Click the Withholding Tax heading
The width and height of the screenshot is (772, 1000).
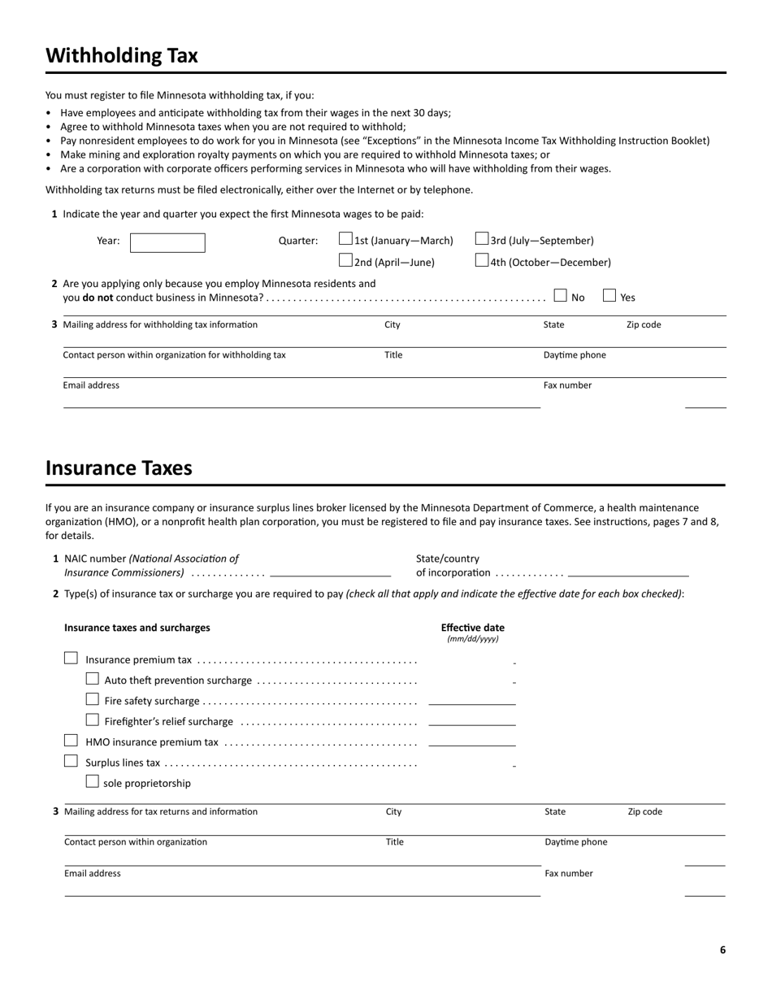coord(122,55)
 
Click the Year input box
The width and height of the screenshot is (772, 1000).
coord(167,242)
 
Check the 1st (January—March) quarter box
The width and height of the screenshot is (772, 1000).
coord(345,239)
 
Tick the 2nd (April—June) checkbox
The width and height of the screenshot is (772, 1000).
coord(345,261)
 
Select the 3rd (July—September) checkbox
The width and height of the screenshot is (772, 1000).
coord(482,239)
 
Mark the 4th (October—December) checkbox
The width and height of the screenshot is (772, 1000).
coord(482,261)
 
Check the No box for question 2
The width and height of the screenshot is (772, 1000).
coord(560,296)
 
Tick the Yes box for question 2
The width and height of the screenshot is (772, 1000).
coord(609,296)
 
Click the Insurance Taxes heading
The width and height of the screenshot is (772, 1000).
coord(119,468)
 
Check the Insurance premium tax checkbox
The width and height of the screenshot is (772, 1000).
coord(71,659)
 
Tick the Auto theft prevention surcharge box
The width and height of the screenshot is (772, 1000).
coord(92,679)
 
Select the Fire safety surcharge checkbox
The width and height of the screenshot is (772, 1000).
coord(92,699)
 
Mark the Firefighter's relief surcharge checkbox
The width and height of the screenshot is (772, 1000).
coord(92,720)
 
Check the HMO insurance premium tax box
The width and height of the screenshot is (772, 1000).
coord(71,741)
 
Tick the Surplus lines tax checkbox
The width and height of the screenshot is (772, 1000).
coord(71,761)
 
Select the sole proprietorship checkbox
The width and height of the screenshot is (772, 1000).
coord(92,781)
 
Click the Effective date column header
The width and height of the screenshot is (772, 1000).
coord(472,628)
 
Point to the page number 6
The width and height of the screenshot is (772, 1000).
coord(722,950)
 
